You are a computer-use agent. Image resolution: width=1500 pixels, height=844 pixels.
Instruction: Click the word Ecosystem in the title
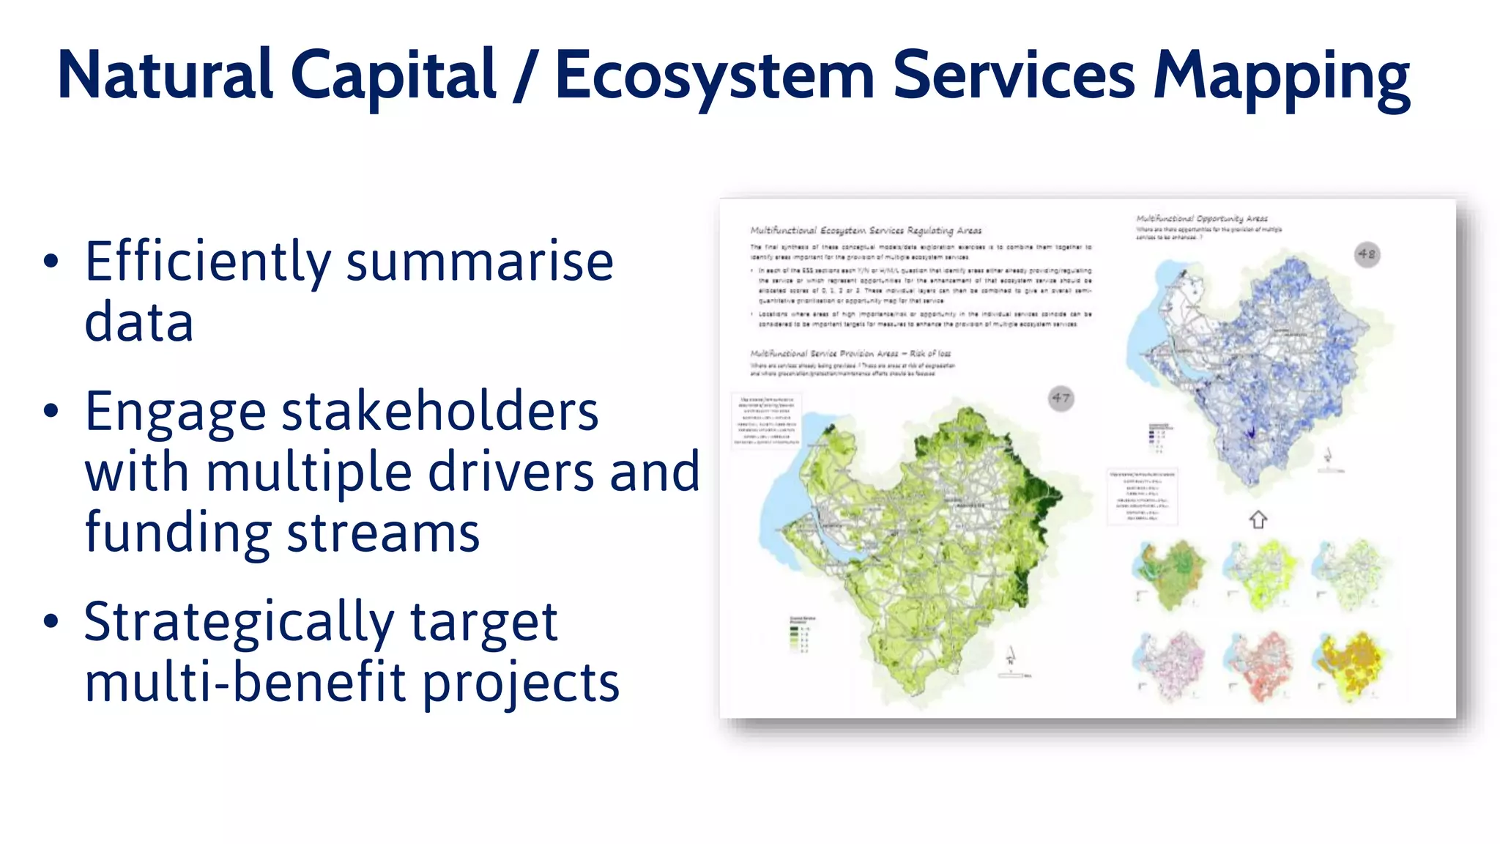[x=714, y=75]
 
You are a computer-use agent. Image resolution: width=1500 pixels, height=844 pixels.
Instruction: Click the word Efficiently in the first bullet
[x=208, y=262]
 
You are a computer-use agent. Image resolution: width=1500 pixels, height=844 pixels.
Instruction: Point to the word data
[x=139, y=322]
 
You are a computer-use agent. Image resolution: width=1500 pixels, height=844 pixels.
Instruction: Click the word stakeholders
[x=439, y=412]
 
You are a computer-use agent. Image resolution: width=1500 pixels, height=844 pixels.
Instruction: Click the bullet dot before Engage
[x=51, y=412]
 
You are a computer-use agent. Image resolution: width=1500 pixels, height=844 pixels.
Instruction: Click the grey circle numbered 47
[x=1061, y=399]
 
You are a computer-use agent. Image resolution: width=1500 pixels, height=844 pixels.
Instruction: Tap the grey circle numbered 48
[x=1367, y=254]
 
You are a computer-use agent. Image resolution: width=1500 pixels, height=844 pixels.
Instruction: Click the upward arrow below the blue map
[x=1258, y=520]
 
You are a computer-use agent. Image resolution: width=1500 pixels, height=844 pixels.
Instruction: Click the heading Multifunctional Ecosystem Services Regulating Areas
[x=865, y=231]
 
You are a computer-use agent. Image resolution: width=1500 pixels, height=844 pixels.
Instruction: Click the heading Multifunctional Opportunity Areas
[x=1201, y=218]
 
